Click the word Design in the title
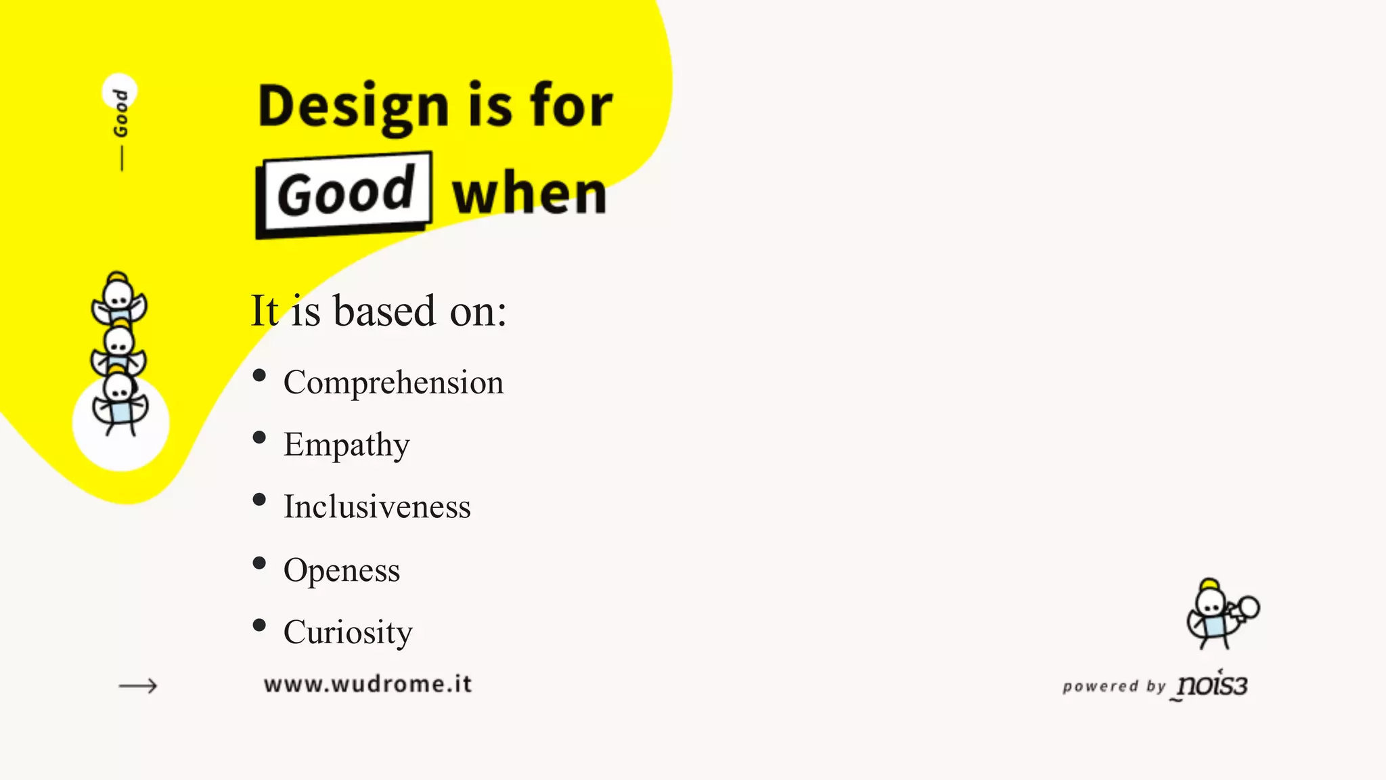coord(353,107)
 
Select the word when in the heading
coord(529,194)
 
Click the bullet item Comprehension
coord(393,383)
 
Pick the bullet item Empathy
coord(346,445)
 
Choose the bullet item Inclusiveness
coord(377,507)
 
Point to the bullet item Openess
coord(342,570)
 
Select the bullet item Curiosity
coord(348,632)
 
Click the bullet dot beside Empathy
coord(259,437)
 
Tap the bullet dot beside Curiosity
coord(259,625)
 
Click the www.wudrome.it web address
coord(367,684)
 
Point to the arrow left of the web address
coord(138,686)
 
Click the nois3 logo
coord(1212,685)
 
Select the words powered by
coord(1114,687)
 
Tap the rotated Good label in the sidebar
coord(120,112)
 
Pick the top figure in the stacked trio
coord(118,299)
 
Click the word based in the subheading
coord(384,311)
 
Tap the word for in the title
coord(571,106)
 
